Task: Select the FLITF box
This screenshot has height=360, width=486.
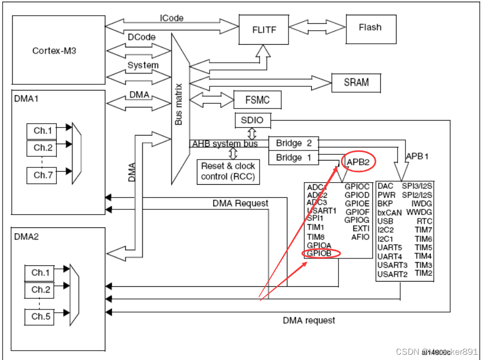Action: [x=264, y=29]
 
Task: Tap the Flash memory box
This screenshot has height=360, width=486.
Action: [x=370, y=27]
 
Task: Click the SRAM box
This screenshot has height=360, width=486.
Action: [x=356, y=82]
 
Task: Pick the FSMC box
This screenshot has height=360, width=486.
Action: [x=257, y=99]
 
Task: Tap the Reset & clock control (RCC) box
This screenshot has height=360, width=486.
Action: [x=228, y=171]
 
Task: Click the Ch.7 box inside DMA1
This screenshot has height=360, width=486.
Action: [x=41, y=175]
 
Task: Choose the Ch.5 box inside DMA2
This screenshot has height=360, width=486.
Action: [x=40, y=316]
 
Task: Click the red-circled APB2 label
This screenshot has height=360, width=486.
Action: [x=358, y=163]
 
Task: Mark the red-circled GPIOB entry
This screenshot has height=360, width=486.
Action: [x=319, y=254]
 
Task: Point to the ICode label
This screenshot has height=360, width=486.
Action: [x=172, y=18]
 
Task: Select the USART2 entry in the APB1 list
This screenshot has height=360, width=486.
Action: [x=392, y=274]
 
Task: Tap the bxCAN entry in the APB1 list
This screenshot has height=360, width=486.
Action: [x=389, y=213]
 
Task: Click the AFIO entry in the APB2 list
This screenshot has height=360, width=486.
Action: [x=361, y=237]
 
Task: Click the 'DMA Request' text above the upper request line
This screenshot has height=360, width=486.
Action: [x=240, y=203]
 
